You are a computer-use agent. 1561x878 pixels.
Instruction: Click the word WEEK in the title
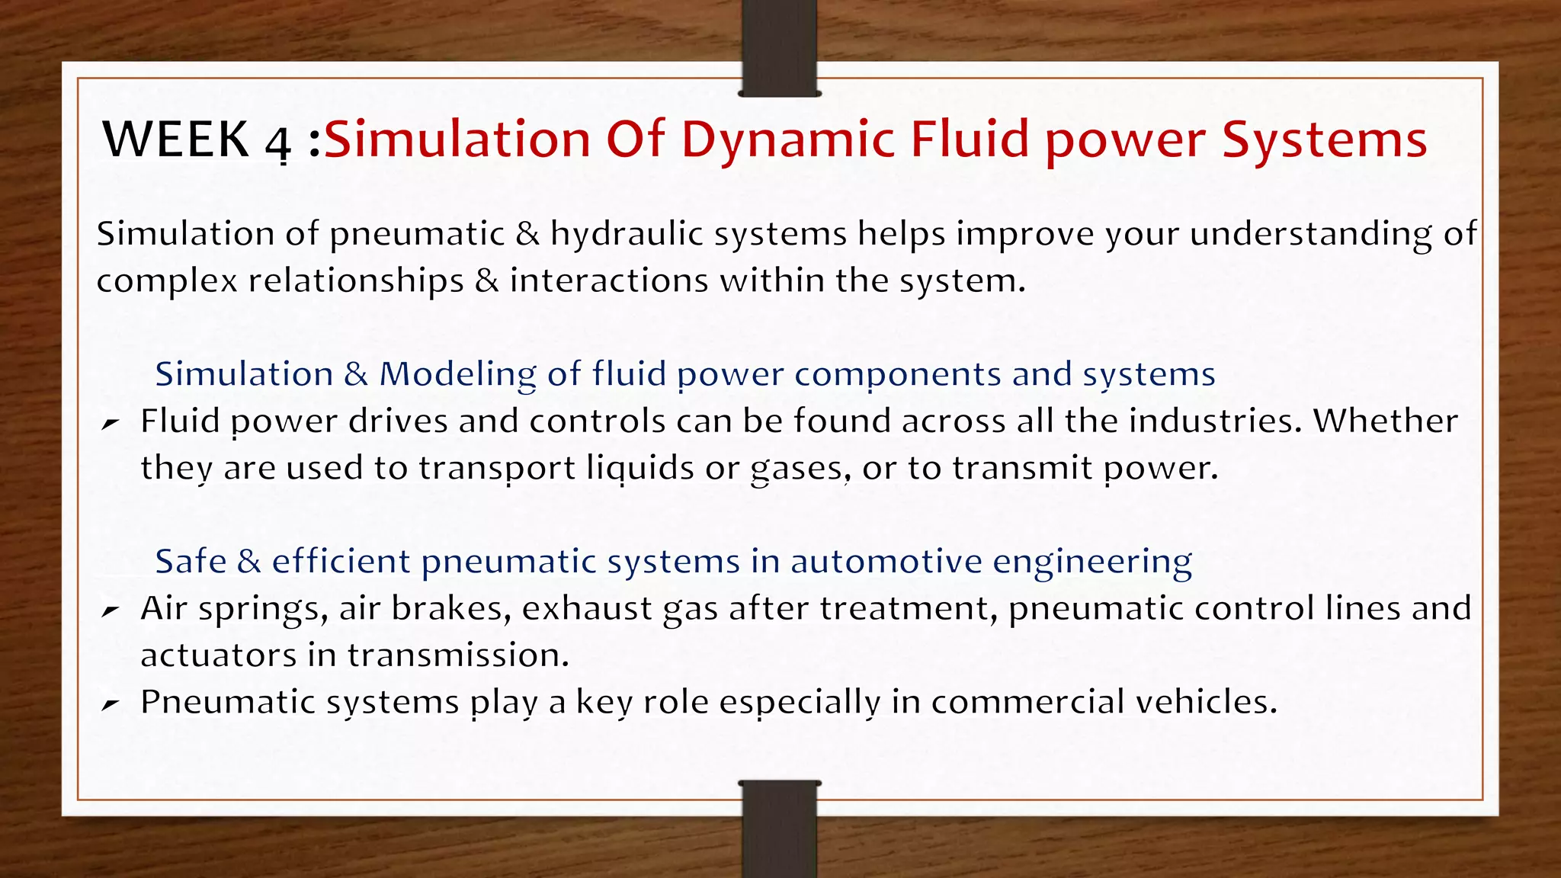coord(176,139)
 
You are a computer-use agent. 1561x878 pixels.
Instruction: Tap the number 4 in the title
coord(278,143)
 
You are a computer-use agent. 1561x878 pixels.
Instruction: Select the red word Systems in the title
coord(1324,139)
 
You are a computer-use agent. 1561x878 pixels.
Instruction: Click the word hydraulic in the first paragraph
coord(622,233)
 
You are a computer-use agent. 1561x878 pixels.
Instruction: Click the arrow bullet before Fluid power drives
coord(111,423)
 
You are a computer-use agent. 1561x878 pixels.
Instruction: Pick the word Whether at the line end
coord(1385,421)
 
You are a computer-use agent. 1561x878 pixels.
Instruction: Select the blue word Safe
coord(191,562)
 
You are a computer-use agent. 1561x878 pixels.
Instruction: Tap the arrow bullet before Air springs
coord(111,610)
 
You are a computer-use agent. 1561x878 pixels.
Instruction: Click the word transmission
coord(457,655)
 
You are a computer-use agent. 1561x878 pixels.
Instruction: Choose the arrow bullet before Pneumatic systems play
coord(111,704)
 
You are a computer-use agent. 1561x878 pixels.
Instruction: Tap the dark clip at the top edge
coord(779,47)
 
